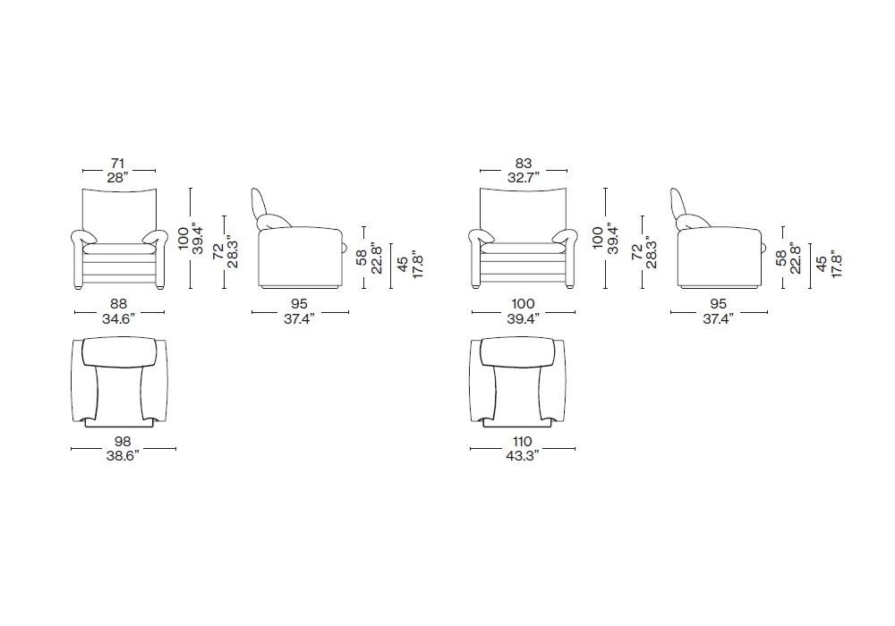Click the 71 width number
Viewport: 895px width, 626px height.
tap(117, 164)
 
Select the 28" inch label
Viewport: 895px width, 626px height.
tap(118, 177)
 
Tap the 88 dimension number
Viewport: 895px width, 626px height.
tap(119, 304)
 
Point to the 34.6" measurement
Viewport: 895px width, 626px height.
tap(119, 318)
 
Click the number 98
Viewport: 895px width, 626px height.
tap(123, 441)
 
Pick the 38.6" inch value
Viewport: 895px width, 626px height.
tap(123, 455)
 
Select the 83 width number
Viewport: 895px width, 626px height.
tap(524, 164)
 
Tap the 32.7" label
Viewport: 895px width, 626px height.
tap(524, 177)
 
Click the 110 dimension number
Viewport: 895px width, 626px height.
tap(523, 441)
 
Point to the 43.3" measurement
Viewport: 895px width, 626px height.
tap(523, 455)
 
